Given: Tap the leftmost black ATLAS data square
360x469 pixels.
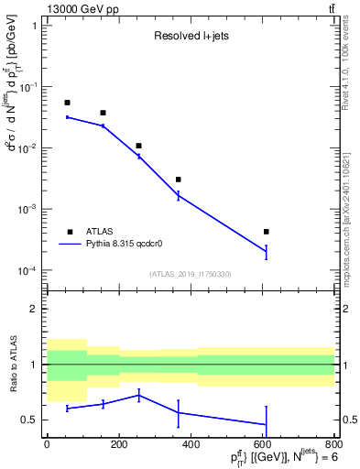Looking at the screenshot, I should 67,103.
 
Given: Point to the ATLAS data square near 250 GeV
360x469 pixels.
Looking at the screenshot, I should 138,146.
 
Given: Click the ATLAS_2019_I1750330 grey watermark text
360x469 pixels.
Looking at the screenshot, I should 191,274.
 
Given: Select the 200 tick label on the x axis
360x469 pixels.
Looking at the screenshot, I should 118,444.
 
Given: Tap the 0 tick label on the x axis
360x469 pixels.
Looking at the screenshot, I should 47,444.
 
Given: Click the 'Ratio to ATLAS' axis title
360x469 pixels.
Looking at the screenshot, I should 13,365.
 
